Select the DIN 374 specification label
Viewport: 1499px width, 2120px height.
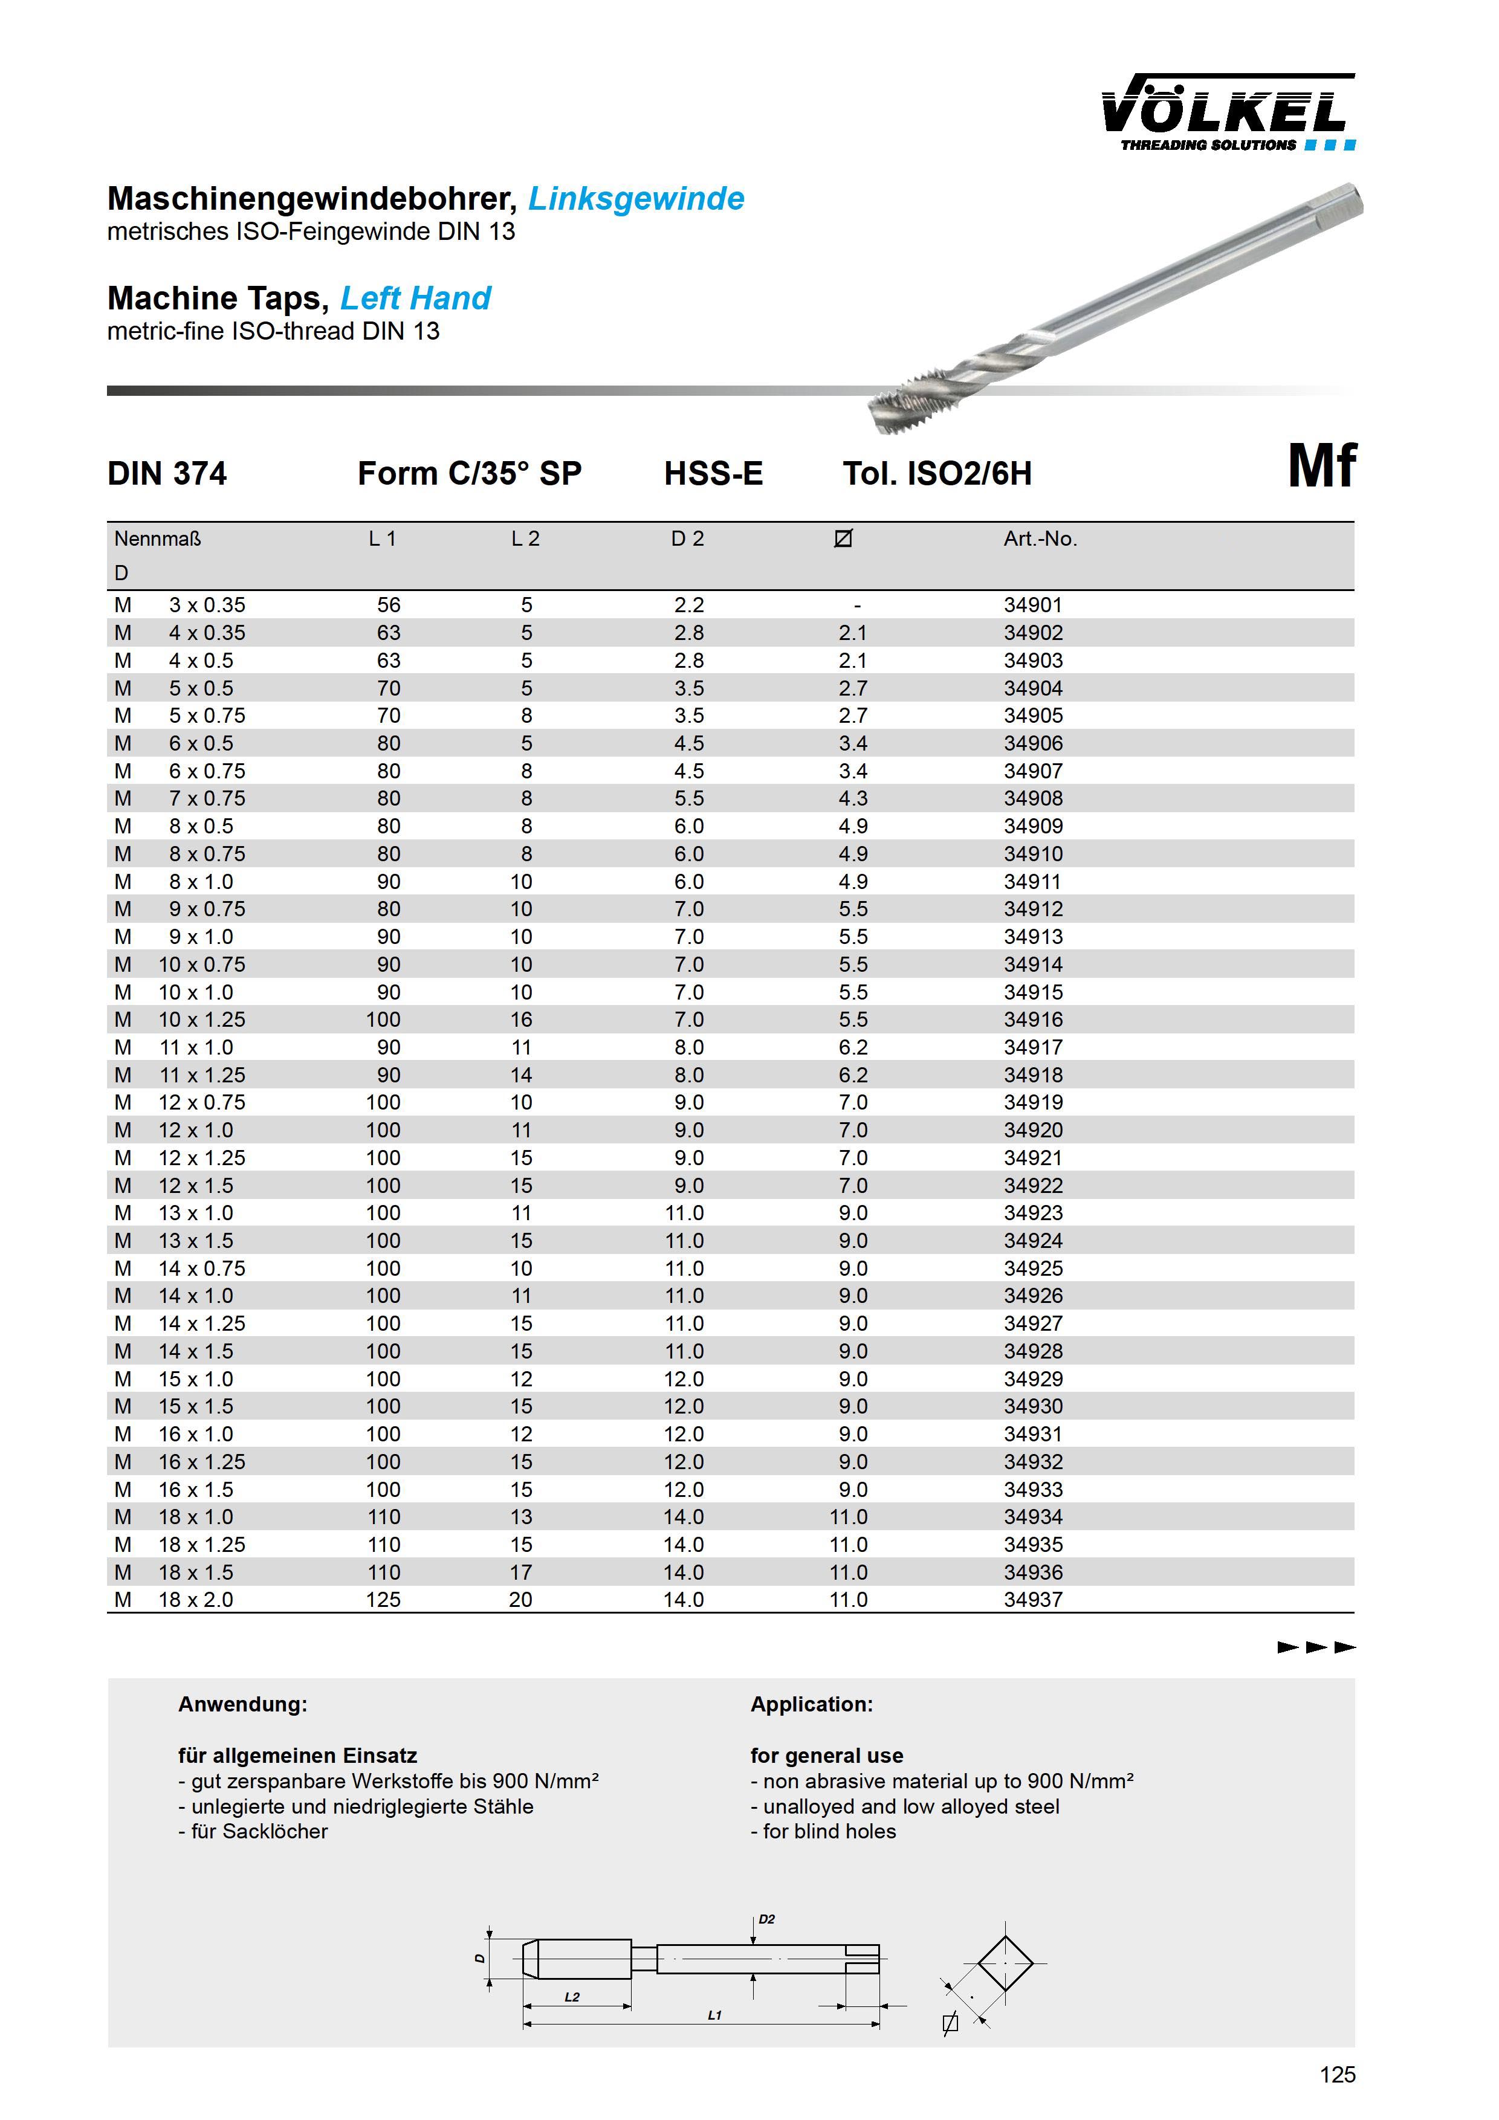click(167, 474)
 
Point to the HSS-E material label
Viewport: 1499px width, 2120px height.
click(713, 474)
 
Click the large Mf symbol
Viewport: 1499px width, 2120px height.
click(1322, 467)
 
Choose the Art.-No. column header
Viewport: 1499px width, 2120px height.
click(1040, 538)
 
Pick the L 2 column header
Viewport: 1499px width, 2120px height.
click(525, 538)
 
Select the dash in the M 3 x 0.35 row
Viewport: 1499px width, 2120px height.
click(857, 606)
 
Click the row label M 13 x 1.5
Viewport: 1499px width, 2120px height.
click(175, 1240)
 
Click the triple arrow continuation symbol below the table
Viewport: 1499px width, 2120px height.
click(1316, 1647)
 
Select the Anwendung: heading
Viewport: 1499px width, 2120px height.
click(242, 1704)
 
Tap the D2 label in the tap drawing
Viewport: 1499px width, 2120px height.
click(766, 1919)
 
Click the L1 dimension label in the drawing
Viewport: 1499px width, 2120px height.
click(714, 2015)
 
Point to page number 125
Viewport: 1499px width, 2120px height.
click(1336, 2075)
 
